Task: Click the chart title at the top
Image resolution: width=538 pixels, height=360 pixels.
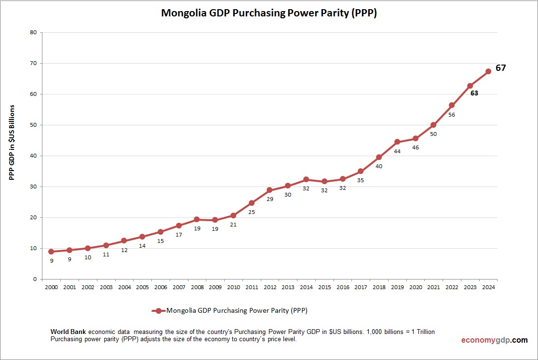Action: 269,13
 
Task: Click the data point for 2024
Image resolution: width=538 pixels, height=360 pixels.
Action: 488,71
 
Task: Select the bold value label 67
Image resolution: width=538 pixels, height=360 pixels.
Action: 501,68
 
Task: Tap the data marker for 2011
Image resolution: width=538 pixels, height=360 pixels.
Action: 252,203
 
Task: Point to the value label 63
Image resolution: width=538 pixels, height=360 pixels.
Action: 474,93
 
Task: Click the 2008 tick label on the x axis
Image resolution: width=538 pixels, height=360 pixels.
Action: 197,287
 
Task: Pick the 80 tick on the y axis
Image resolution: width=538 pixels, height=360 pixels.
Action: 33,33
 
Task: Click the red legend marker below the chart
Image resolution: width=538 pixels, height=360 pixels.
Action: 159,311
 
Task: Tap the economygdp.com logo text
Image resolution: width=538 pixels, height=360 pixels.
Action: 494,340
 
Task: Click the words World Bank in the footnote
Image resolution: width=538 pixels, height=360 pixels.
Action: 68,332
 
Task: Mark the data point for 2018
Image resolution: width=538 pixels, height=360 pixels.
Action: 379,157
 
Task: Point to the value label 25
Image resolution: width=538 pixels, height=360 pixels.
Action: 252,212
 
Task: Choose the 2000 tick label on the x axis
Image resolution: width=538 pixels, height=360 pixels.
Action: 51,287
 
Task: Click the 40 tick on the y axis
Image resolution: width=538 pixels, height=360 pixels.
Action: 33,156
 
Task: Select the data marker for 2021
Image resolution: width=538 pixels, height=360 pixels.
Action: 433,125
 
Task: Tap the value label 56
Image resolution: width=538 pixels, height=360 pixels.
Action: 452,115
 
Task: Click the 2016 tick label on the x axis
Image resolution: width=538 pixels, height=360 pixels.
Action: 342,287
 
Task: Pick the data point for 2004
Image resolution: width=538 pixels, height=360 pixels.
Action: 124,240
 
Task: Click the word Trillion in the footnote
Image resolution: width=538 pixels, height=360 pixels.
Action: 425,332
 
